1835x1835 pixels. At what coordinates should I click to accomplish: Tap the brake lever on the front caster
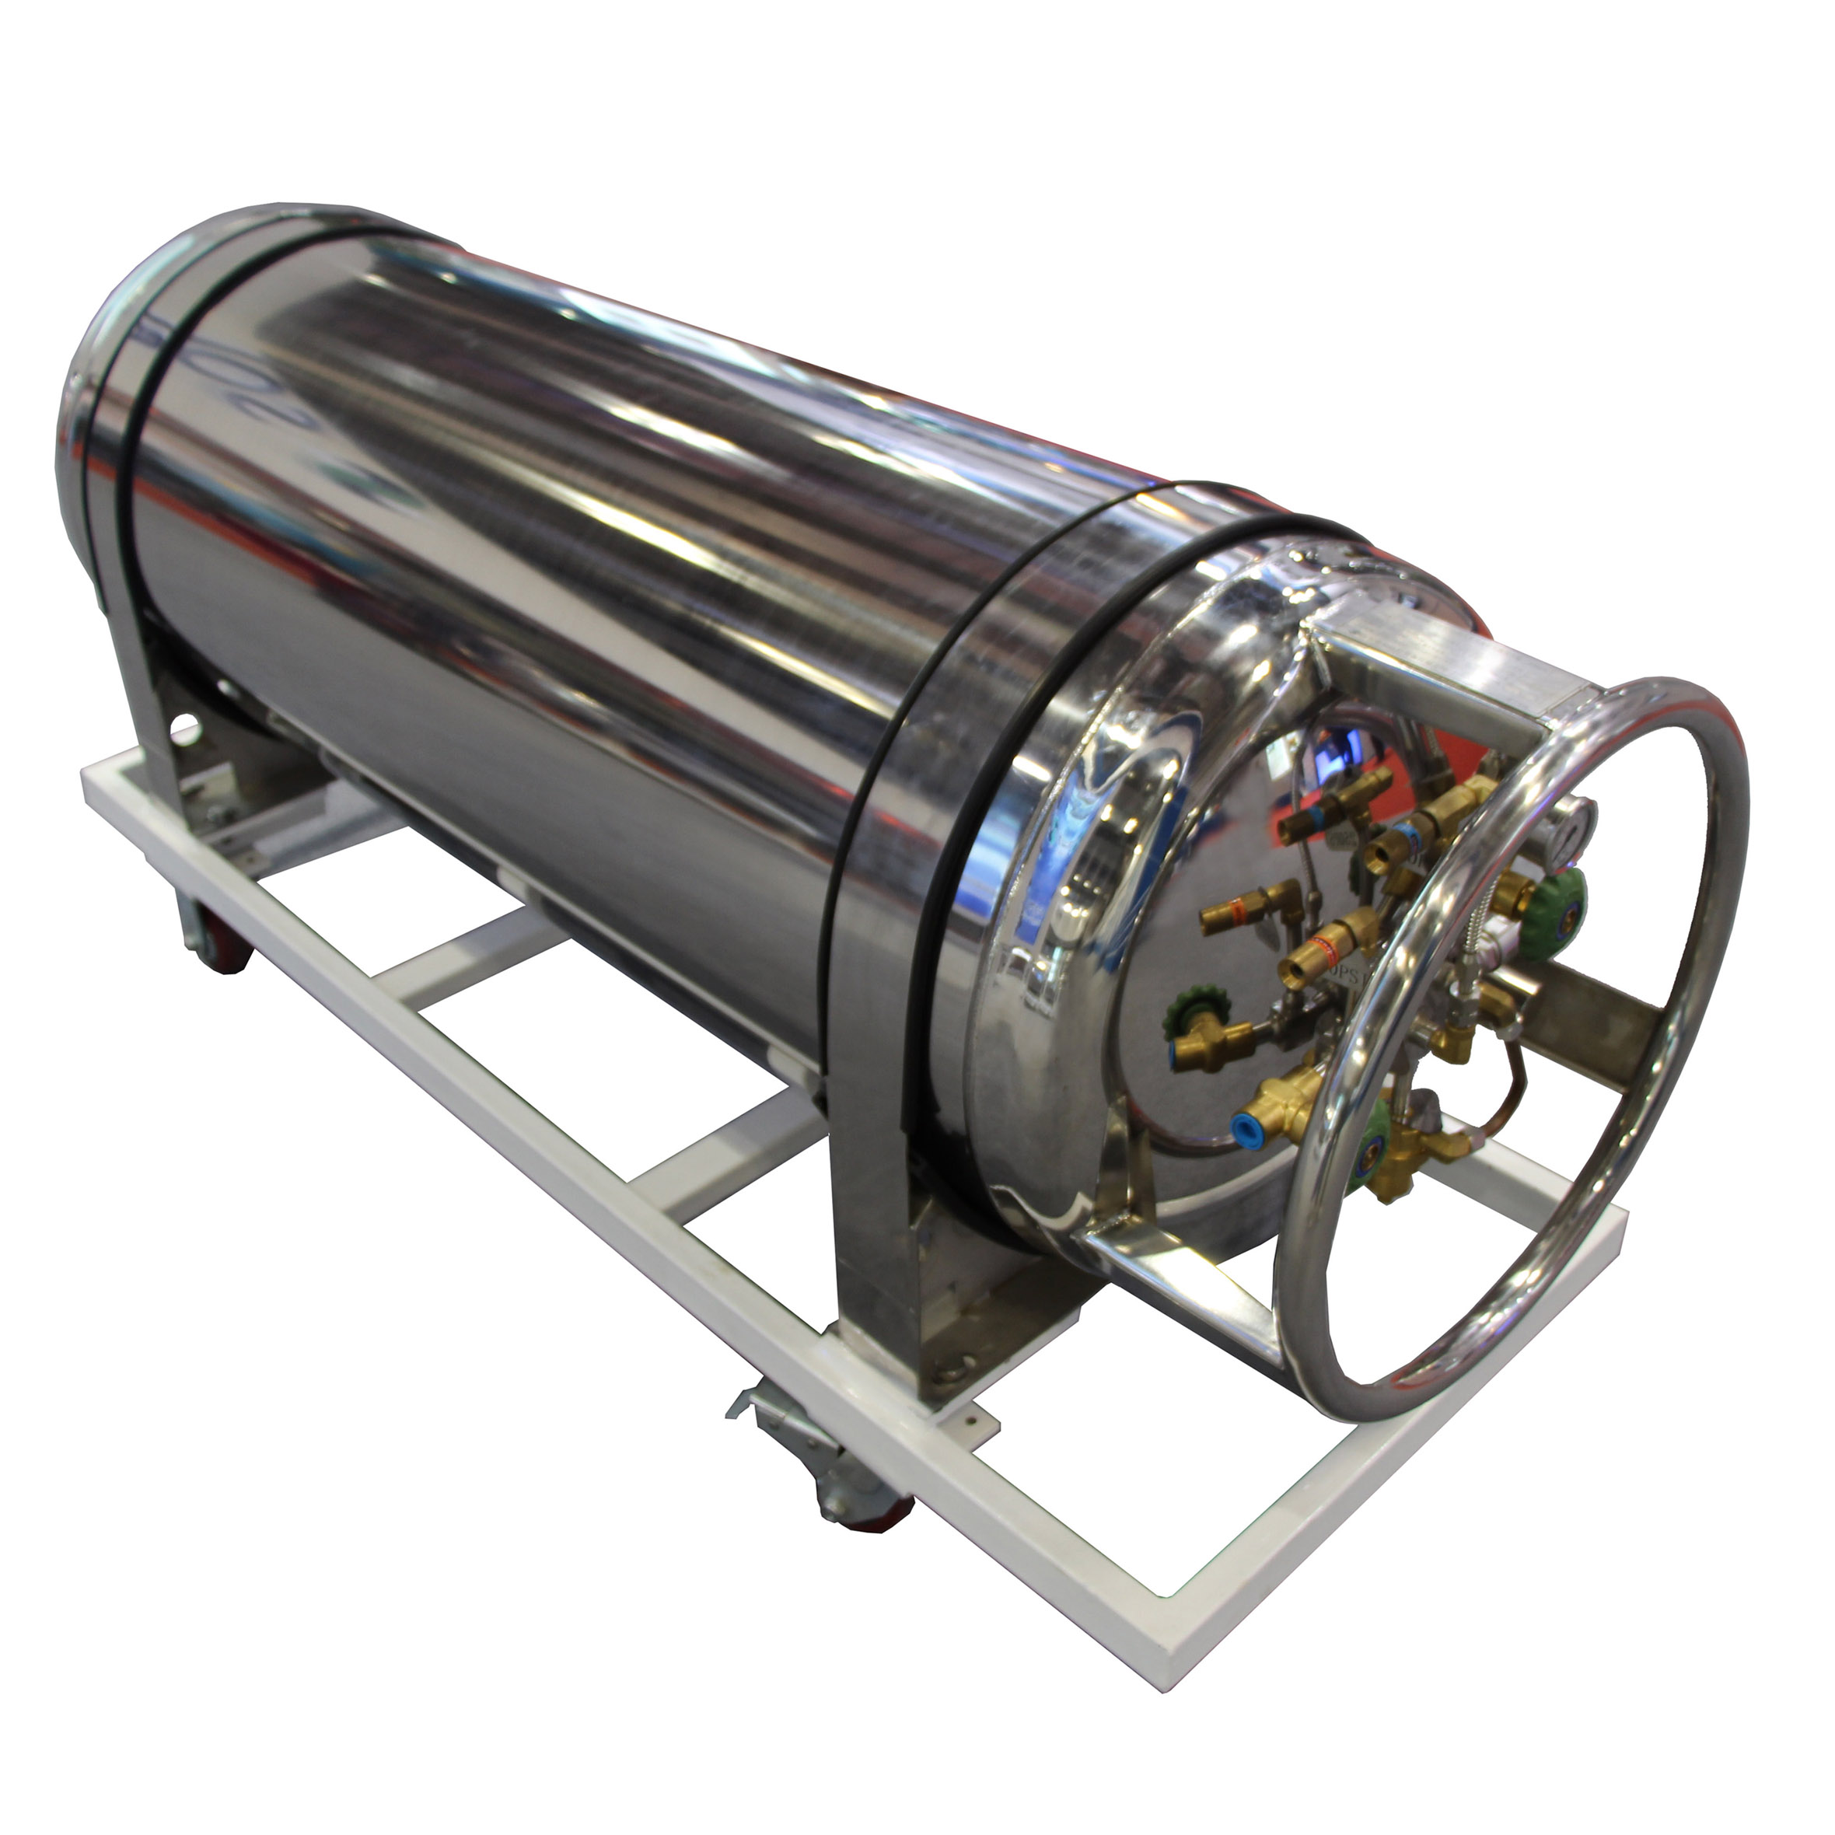[x=755, y=1401]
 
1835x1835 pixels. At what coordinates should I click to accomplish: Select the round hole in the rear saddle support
[x=186, y=732]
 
